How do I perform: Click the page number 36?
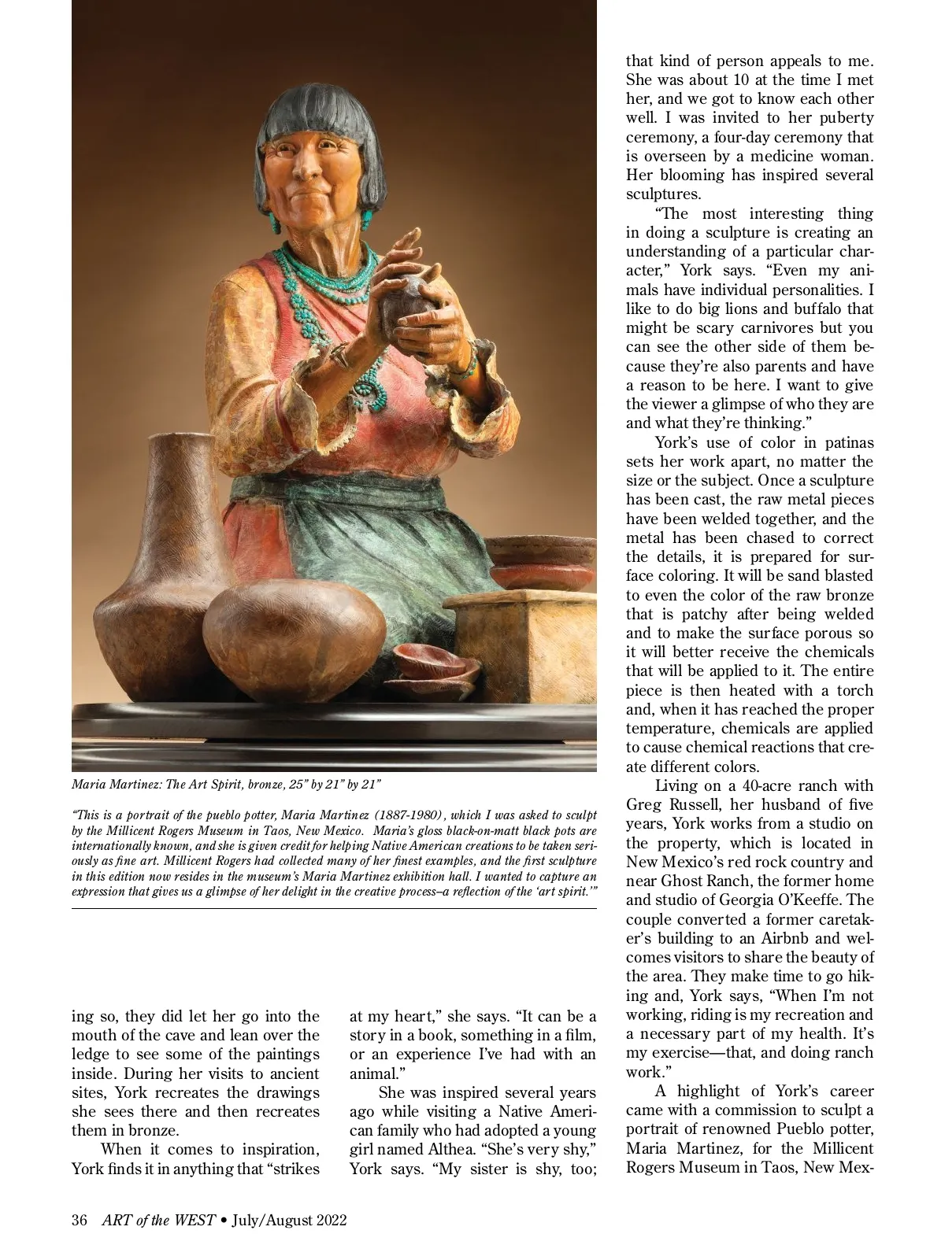pos(79,1221)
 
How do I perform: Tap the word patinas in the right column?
pos(846,442)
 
